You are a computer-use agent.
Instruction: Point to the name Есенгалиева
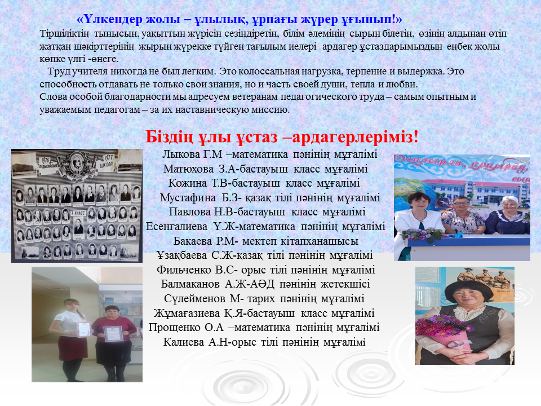[x=176, y=227]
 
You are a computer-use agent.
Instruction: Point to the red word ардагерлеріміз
[x=356, y=137]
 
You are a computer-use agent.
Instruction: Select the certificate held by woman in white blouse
[x=84, y=329]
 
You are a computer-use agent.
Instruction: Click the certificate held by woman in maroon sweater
[x=113, y=333]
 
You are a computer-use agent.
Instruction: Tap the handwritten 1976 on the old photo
[x=46, y=161]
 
